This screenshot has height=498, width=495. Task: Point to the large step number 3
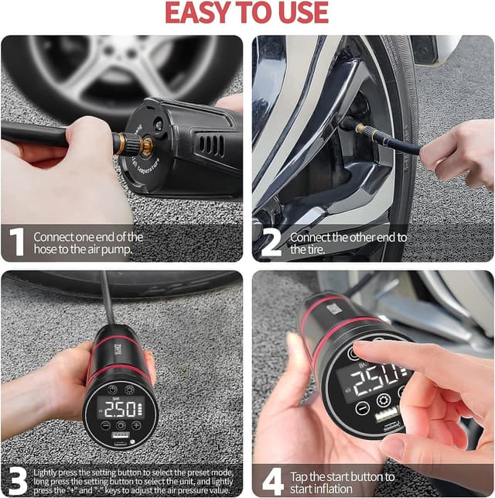pos(15,480)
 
